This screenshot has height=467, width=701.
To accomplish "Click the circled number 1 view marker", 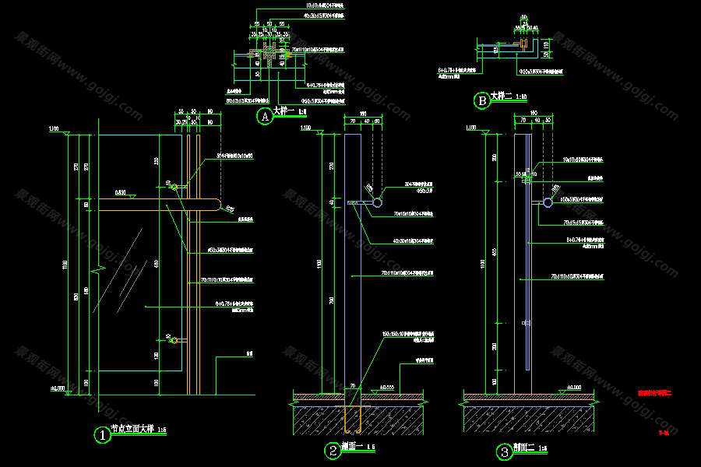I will tap(101, 434).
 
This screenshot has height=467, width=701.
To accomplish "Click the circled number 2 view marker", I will tap(333, 450).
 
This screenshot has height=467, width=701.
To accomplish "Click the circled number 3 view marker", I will tap(504, 450).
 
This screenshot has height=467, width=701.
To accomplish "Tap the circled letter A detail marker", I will tap(265, 117).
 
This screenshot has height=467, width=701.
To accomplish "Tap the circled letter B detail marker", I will tap(482, 100).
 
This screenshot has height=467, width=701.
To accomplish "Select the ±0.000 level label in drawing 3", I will tap(573, 387).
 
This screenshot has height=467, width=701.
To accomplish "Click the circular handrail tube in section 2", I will tap(377, 202).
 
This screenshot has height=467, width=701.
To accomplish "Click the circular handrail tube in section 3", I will tap(548, 202).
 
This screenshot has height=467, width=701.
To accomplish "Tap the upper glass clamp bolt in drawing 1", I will tap(173, 187).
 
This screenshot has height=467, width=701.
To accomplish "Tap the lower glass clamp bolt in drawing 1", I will tap(171, 339).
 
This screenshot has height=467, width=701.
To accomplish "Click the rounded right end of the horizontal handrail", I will tap(217, 205).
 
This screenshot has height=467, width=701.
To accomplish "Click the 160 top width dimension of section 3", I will tap(534, 114).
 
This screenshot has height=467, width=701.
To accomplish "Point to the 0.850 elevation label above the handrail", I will tap(120, 191).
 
